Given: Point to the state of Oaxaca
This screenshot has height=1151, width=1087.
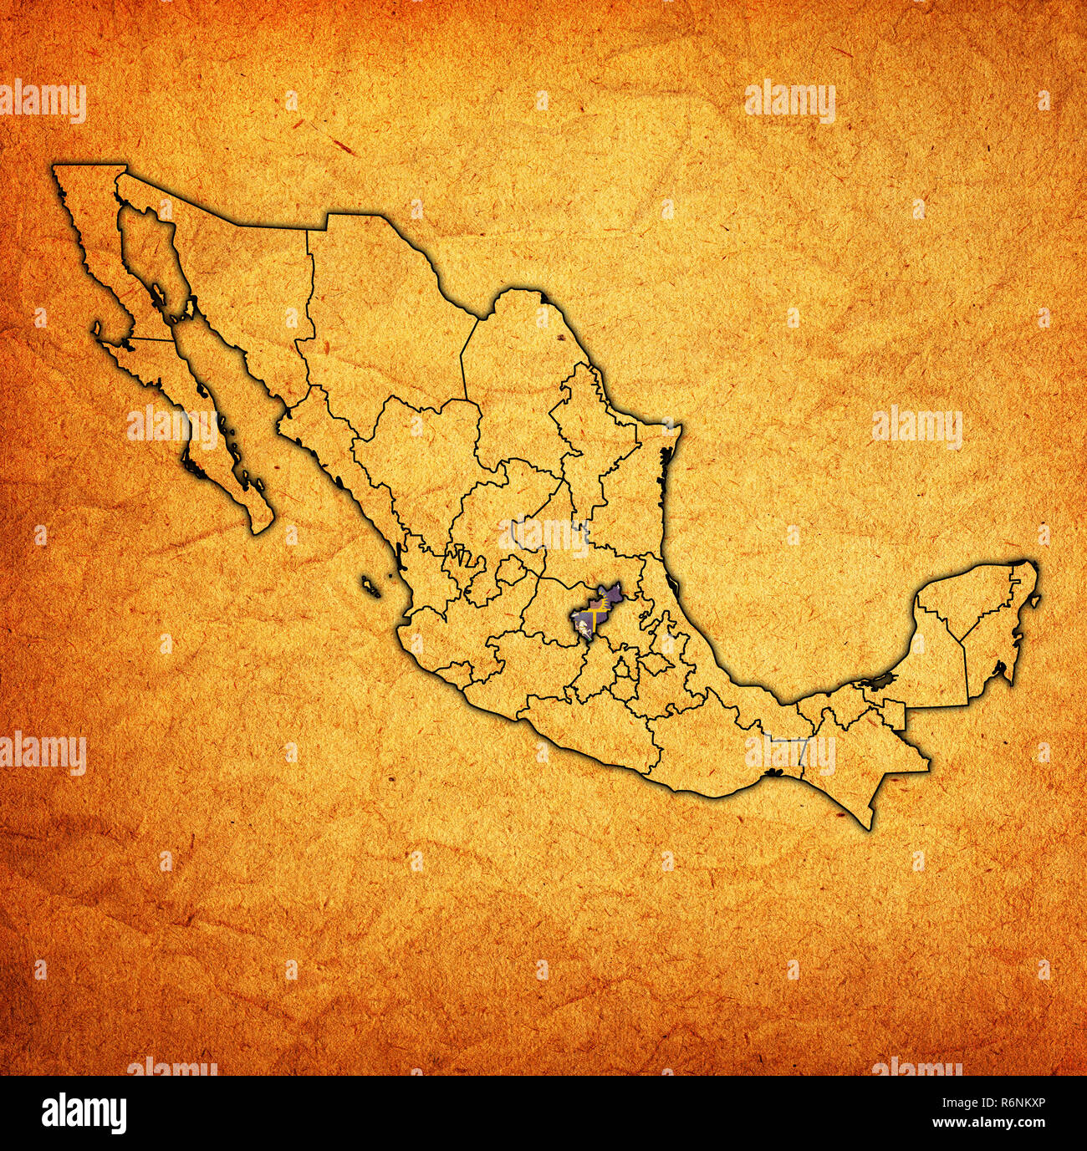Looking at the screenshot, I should (x=719, y=744).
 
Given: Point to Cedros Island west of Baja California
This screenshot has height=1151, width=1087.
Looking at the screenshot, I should (x=98, y=331).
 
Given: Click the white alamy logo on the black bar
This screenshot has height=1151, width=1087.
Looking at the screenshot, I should (x=84, y=1113).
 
